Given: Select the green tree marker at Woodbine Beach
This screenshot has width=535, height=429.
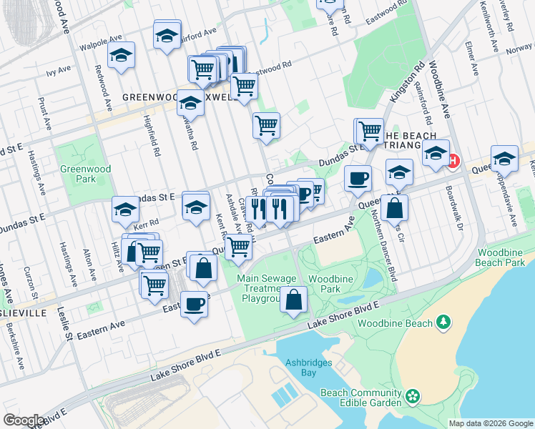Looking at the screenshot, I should (x=444, y=322).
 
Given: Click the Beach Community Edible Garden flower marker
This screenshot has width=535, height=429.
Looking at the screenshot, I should (x=412, y=396).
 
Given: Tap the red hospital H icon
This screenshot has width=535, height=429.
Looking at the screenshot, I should (x=452, y=161).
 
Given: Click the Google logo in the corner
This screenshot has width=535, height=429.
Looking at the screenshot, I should (x=24, y=420).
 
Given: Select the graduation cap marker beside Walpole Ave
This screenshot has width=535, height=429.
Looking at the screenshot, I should (x=122, y=55).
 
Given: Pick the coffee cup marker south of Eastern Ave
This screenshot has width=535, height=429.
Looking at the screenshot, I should (x=193, y=305).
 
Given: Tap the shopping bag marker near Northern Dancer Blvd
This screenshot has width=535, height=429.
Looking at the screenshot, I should (x=394, y=208).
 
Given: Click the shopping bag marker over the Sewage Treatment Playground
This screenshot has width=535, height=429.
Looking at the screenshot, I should (x=293, y=300).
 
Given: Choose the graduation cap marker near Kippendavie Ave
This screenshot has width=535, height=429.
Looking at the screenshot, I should (x=504, y=159).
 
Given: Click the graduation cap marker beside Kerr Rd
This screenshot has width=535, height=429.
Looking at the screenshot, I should (x=125, y=209).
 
